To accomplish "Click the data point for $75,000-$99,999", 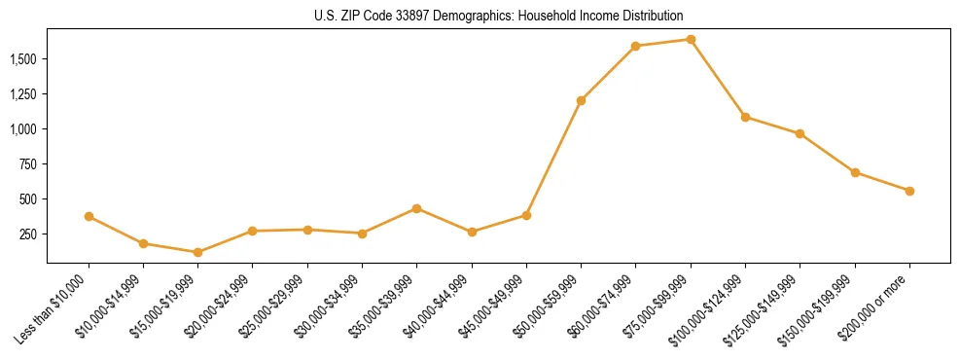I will point(691,39).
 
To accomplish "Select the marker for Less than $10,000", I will point(89,216).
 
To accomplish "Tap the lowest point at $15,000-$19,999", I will point(197,252).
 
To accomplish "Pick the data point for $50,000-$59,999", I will point(581,100).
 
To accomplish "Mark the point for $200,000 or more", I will point(909,191).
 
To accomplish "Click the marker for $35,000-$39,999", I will point(416,208).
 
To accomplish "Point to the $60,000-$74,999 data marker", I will point(635,46).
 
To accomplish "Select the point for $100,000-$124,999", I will point(745,117).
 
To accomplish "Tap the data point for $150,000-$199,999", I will point(855,172).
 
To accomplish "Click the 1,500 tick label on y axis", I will point(23,58).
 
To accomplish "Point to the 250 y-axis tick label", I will point(28,234).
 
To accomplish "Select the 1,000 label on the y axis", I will point(23,128).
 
